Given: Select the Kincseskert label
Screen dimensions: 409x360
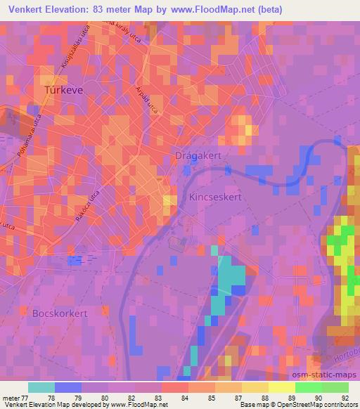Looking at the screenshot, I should pos(215,198).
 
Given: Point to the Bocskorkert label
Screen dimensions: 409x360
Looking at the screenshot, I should pos(60,313).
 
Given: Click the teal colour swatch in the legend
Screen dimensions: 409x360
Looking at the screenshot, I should pos(41,387).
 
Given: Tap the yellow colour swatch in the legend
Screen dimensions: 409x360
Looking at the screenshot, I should pos(281,387).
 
